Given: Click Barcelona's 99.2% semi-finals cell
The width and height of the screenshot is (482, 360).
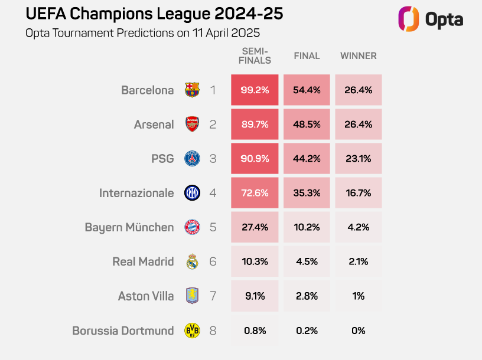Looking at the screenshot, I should pyautogui.click(x=255, y=90).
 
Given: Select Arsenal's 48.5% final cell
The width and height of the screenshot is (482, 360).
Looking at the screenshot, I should pyautogui.click(x=307, y=125).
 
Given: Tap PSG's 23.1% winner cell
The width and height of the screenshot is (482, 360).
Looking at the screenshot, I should pyautogui.click(x=358, y=159).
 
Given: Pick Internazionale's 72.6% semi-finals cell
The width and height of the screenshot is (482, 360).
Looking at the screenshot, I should pyautogui.click(x=255, y=193).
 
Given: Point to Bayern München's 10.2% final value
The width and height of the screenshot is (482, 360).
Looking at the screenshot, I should pyautogui.click(x=307, y=227).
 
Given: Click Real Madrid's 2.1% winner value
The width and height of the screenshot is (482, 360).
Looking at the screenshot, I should pyautogui.click(x=358, y=261).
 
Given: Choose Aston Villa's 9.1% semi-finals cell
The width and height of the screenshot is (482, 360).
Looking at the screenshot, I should pyautogui.click(x=255, y=296).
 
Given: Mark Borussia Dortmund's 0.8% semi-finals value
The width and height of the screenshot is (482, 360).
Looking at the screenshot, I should pyautogui.click(x=255, y=330).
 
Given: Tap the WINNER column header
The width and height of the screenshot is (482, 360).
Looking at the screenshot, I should pyautogui.click(x=358, y=56).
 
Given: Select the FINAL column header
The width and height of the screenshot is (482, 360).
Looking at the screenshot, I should pyautogui.click(x=307, y=56).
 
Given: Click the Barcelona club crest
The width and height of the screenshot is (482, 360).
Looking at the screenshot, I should pyautogui.click(x=192, y=90).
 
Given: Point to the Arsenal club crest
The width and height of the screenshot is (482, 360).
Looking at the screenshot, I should pyautogui.click(x=192, y=125).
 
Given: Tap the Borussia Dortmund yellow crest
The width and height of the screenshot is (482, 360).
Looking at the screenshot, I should pyautogui.click(x=192, y=330).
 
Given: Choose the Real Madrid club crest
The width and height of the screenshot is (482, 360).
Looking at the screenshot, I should pyautogui.click(x=192, y=261).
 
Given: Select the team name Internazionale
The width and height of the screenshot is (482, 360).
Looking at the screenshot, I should pyautogui.click(x=136, y=193).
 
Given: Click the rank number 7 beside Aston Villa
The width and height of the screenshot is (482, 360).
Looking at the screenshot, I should pyautogui.click(x=213, y=296).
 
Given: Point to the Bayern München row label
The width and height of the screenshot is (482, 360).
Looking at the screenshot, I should pyautogui.click(x=129, y=227).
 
